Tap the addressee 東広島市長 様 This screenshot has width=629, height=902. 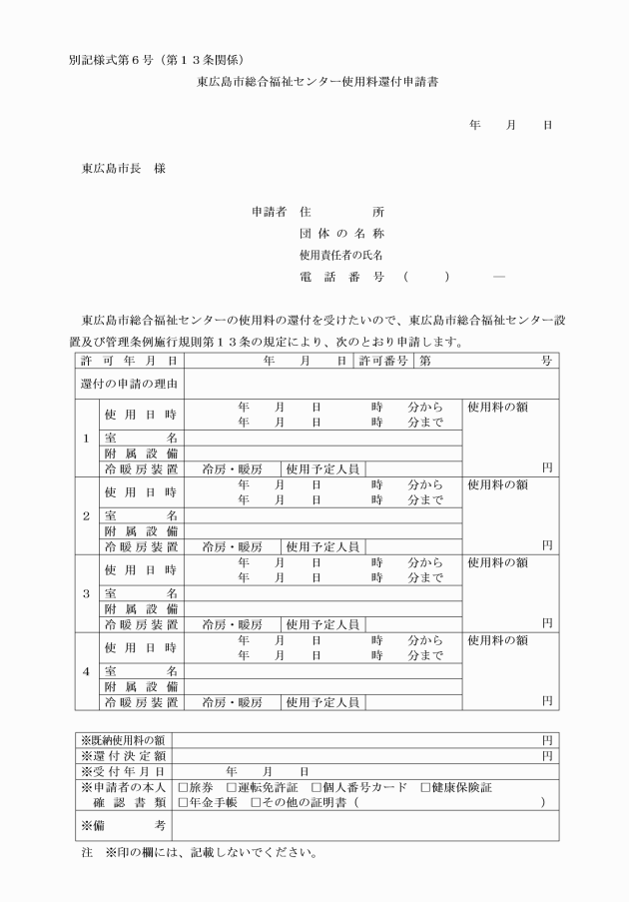tap(123, 169)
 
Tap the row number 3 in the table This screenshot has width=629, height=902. tap(86, 593)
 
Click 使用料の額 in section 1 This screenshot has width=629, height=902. tap(497, 408)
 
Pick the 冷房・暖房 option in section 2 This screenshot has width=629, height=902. tap(232, 545)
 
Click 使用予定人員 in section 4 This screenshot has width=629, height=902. tap(321, 701)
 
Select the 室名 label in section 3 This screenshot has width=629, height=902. tap(141, 593)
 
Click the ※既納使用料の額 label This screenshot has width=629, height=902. tap(123, 740)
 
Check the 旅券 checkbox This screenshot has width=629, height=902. tap(183, 787)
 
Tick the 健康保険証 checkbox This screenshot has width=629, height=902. tap(425, 787)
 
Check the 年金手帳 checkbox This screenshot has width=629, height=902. tap(183, 802)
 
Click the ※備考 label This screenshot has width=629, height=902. tap(123, 824)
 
